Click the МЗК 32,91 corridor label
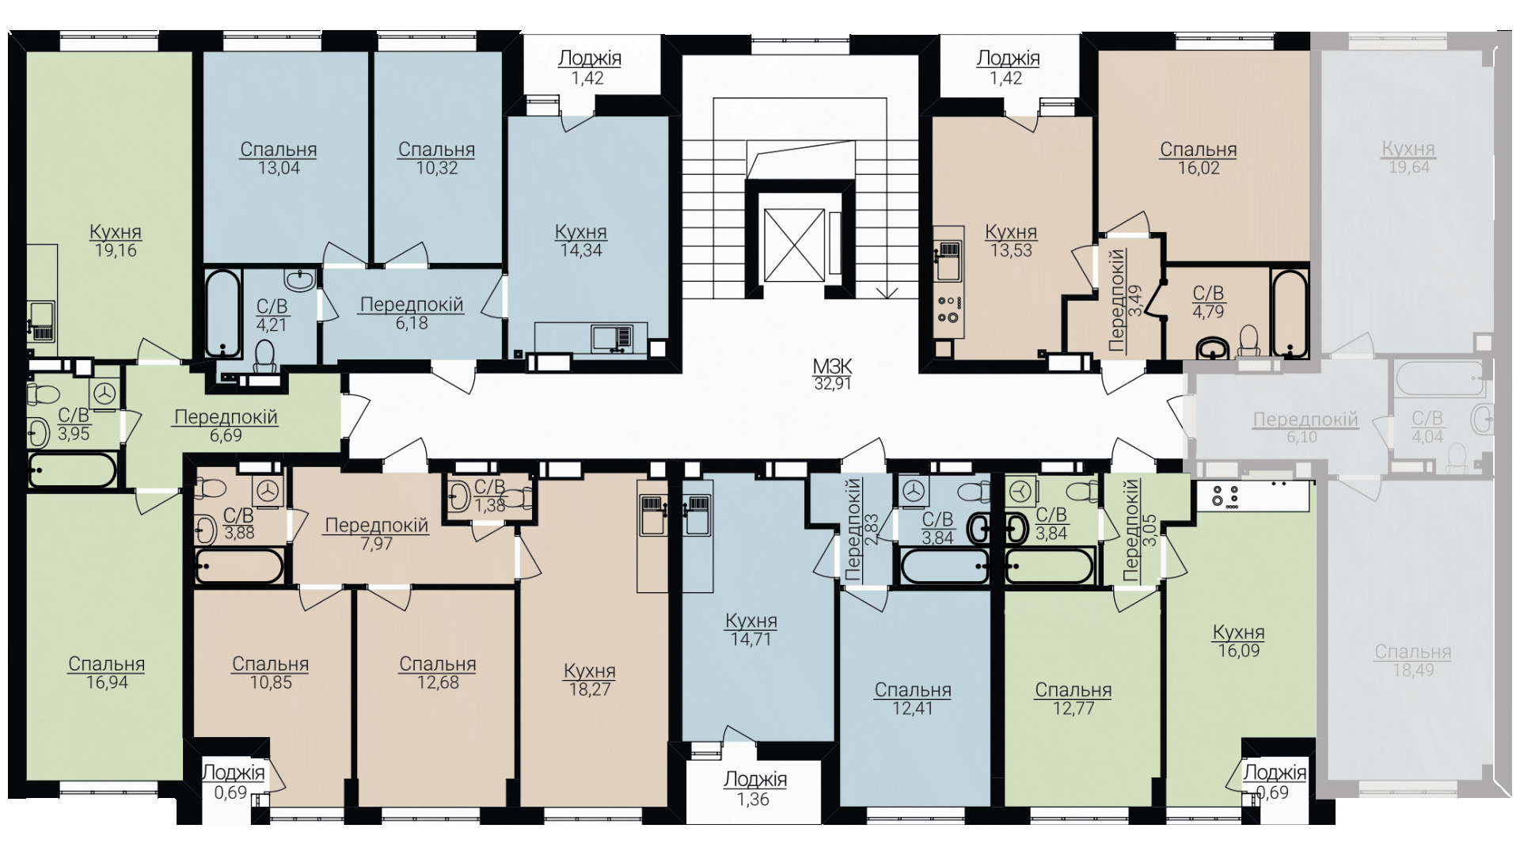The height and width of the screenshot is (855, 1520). tap(832, 375)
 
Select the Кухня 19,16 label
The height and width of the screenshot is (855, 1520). tap(116, 241)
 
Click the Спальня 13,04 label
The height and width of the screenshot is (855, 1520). tap(279, 158)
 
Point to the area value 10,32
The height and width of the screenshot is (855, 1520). tap(437, 168)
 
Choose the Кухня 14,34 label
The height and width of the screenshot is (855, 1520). tap(581, 241)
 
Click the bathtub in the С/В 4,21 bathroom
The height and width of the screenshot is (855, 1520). tap(222, 314)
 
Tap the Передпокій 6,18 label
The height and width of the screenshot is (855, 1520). tap(412, 313)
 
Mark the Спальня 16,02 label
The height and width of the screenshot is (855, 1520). tap(1199, 158)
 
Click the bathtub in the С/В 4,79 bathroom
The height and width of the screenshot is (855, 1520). tap(1290, 313)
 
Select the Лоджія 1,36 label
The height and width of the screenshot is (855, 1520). tap(755, 789)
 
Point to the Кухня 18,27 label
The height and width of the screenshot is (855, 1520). tap(590, 679)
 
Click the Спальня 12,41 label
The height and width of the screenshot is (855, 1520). tap(913, 699)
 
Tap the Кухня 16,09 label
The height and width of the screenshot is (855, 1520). tap(1239, 641)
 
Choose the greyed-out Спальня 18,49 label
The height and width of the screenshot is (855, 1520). tap(1413, 660)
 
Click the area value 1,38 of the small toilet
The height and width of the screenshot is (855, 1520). tap(489, 505)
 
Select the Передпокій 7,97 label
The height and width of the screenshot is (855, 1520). tap(377, 534)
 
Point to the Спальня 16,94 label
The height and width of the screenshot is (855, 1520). tap(107, 673)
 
